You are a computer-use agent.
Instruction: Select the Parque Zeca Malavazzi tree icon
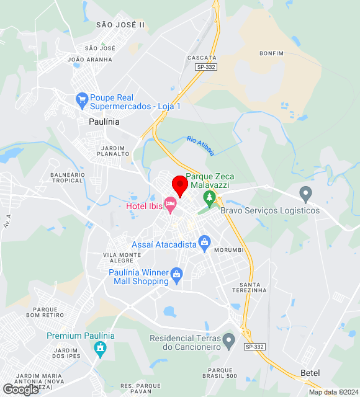[x=210, y=198]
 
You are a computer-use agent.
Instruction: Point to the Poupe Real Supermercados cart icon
[x=81, y=99]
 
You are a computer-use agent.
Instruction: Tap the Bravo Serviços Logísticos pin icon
[x=305, y=194]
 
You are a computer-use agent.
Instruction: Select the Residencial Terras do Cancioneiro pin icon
[x=229, y=339]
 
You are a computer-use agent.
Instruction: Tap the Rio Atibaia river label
[x=200, y=146]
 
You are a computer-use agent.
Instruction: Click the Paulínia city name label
[x=104, y=122]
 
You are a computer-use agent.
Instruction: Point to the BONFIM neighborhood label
[x=272, y=53]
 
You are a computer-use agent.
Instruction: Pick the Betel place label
[x=310, y=372]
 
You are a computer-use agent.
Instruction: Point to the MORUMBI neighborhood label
[x=228, y=250]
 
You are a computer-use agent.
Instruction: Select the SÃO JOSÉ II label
[x=120, y=24]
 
